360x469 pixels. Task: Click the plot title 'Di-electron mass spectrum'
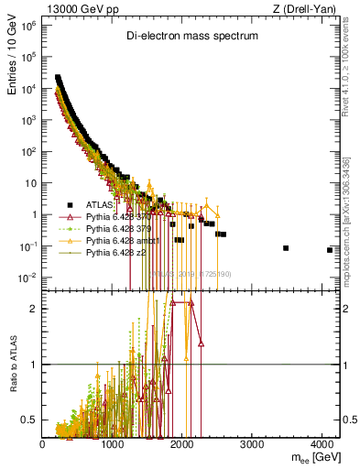[x=192, y=36]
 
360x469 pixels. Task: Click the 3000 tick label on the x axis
[x=253, y=444]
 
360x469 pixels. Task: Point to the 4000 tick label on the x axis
[x=322, y=444]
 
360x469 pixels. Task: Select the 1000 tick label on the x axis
[x=113, y=444]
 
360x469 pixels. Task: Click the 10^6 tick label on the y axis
[x=27, y=26]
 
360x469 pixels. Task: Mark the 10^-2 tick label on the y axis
[x=27, y=278]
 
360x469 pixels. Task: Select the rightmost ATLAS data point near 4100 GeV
[x=330, y=250]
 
